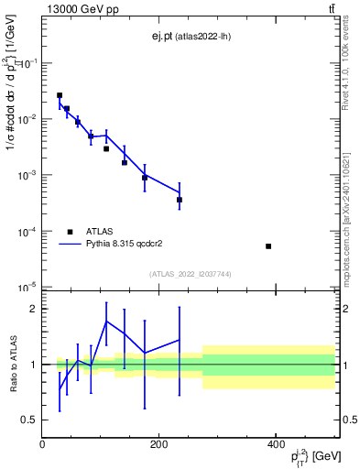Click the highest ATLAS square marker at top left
tap(60, 95)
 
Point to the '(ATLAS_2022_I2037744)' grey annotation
tap(189, 274)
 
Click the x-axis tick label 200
tap(159, 444)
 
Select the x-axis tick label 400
tap(276, 444)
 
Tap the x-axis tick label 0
tap(43, 444)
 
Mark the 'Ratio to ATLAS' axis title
tap(12, 364)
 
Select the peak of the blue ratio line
tap(106, 321)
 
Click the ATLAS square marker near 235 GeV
tap(180, 200)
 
